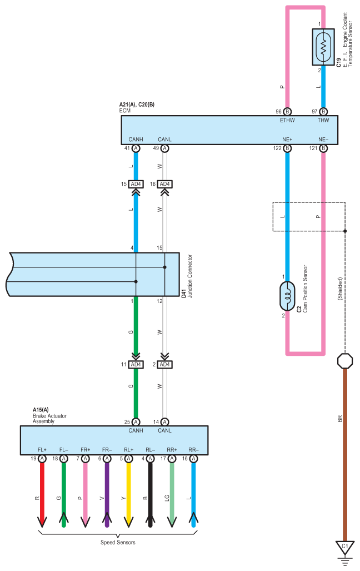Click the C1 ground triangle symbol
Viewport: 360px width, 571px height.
[x=344, y=548]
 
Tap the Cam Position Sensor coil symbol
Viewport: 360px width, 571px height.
[x=287, y=296]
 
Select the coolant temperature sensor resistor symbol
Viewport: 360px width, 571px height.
[x=323, y=47]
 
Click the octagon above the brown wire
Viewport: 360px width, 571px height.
[x=344, y=361]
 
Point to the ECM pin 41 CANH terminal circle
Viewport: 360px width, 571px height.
[x=136, y=148]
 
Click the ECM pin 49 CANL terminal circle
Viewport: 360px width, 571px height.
[x=165, y=148]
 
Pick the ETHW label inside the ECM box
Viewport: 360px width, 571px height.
[x=287, y=120]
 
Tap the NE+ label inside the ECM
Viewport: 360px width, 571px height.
[x=287, y=140]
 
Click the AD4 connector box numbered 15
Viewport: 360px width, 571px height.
[x=136, y=184]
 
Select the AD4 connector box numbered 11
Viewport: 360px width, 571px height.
[x=136, y=365]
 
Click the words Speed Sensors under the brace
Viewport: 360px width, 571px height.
[x=118, y=542]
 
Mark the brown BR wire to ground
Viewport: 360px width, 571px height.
[x=344, y=455]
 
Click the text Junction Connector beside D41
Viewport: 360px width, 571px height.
[x=190, y=276]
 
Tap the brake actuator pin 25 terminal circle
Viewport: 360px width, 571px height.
[x=136, y=422]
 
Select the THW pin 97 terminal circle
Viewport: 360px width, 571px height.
[x=323, y=111]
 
